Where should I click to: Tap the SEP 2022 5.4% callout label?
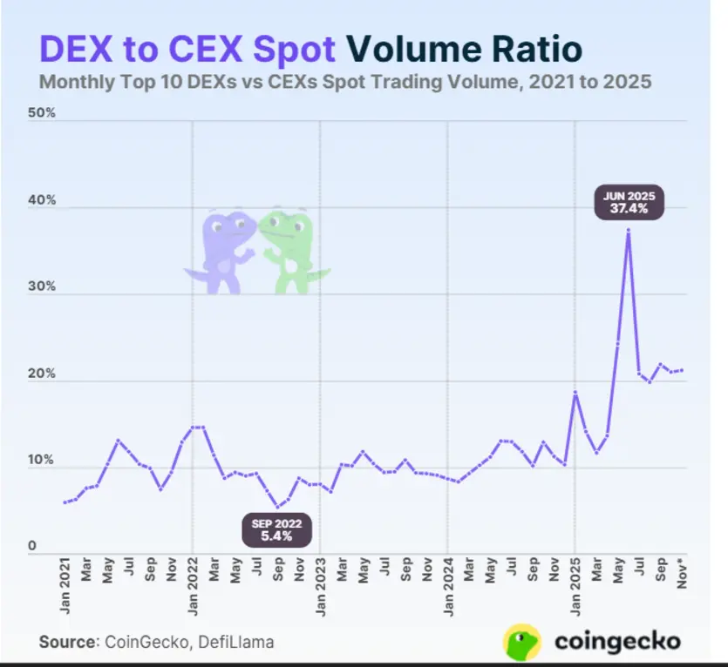point(277,529)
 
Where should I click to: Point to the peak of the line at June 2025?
point(628,230)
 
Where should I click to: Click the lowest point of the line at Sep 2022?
point(277,507)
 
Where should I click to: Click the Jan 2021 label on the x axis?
point(65,588)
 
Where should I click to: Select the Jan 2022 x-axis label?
point(193,588)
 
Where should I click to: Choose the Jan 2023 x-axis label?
point(320,588)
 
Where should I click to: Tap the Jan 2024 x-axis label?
point(447,588)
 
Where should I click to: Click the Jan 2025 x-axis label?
point(575,588)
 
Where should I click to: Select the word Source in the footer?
point(66,642)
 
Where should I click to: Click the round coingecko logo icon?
point(522,642)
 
